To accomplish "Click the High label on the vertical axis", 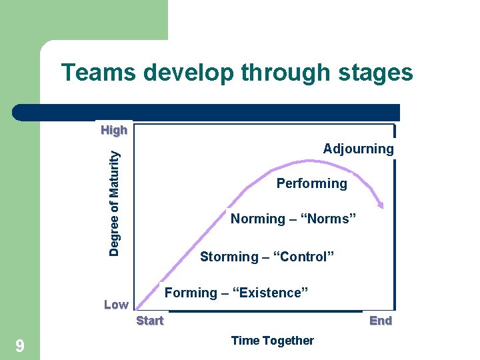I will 114,130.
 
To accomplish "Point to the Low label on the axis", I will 116,305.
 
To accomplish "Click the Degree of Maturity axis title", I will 115,202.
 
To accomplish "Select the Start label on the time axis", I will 150,321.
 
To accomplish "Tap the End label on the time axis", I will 381,321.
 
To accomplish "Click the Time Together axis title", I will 272,341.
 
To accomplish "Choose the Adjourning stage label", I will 358,149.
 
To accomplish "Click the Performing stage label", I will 311,183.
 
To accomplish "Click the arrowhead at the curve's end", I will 380,204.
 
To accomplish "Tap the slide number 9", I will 20,345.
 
